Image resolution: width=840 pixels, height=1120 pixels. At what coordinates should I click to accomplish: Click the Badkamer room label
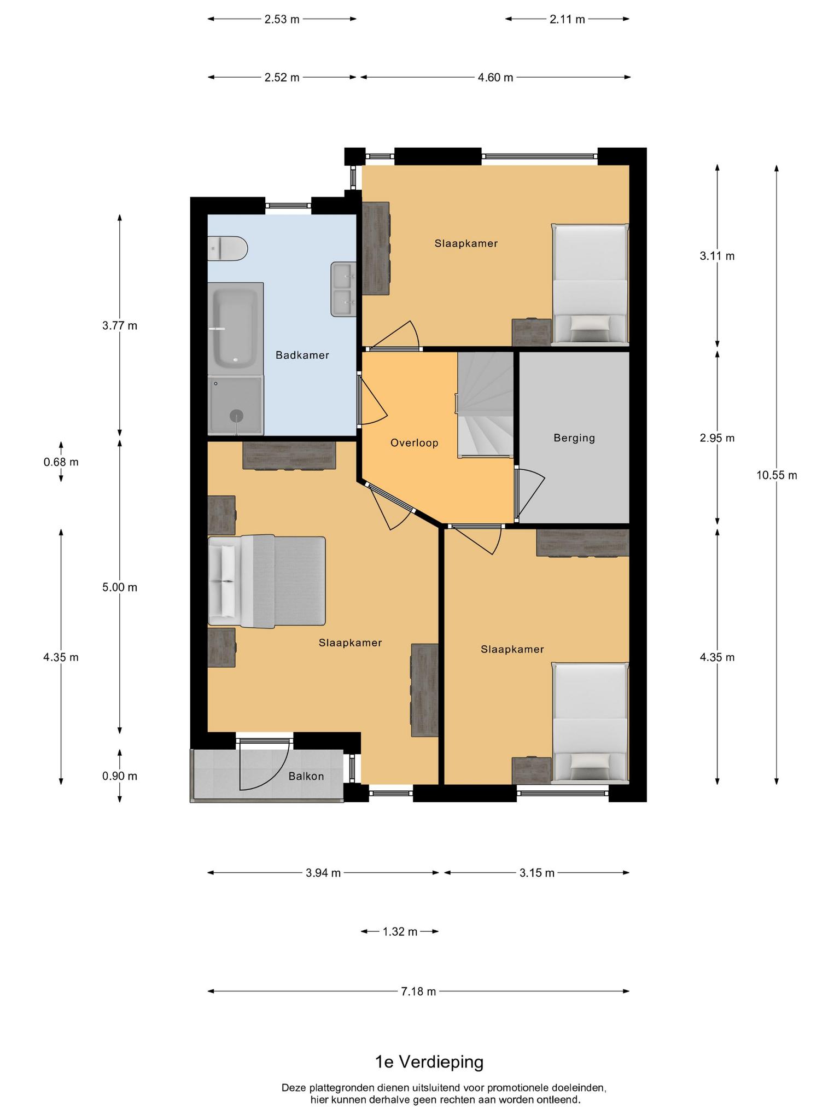[302, 355]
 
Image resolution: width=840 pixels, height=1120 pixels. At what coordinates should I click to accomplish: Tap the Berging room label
[574, 438]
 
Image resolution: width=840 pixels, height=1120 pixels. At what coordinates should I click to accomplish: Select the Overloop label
[415, 443]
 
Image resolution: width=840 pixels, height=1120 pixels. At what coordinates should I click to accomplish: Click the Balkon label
[306, 776]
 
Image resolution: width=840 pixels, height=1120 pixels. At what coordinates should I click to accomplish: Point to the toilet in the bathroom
[227, 249]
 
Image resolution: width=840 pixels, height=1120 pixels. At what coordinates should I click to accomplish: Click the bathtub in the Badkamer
[235, 329]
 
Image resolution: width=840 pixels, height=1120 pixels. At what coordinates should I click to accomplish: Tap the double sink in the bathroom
[343, 289]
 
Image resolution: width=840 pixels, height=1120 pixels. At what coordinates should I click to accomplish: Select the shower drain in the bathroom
[236, 415]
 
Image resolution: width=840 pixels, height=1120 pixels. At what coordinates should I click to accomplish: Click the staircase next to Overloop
[486, 405]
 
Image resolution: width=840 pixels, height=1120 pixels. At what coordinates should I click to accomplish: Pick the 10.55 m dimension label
[777, 475]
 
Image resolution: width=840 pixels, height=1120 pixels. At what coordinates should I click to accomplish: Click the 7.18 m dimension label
[419, 991]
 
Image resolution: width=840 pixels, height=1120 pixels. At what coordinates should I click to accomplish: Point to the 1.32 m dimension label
[400, 932]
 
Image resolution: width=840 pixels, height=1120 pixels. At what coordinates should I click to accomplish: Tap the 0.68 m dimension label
[61, 462]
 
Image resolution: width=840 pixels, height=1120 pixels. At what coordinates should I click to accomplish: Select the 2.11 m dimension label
[567, 20]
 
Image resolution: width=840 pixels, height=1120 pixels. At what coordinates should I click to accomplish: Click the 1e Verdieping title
[429, 1062]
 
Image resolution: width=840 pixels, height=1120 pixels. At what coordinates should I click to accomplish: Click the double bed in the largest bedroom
[267, 581]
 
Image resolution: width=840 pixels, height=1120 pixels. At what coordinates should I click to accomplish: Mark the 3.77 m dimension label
[120, 326]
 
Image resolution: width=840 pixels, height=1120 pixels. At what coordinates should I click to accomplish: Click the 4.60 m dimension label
[495, 78]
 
